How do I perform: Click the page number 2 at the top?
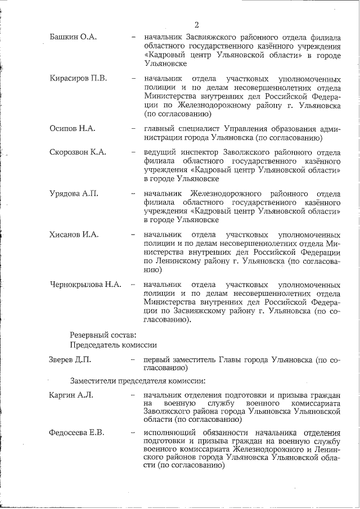(196, 24)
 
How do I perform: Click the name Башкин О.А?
(73, 37)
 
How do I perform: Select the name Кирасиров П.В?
(78, 78)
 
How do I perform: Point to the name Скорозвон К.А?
(78, 152)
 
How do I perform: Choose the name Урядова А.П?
(74, 193)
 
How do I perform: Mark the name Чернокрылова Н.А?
(85, 285)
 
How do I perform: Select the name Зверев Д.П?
(70, 359)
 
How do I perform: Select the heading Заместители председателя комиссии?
(138, 380)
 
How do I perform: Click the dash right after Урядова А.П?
(133, 193)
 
